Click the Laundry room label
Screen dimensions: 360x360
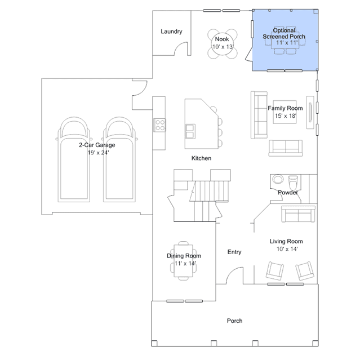(x=171, y=32)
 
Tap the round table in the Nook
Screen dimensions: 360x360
(x=222, y=44)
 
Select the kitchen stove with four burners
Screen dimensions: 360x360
(x=159, y=125)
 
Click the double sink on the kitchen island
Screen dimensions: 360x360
(x=190, y=131)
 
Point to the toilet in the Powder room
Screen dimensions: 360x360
(x=293, y=182)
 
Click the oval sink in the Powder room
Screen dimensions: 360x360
(x=278, y=179)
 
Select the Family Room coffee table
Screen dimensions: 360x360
(x=285, y=112)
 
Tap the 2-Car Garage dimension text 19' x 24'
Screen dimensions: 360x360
(x=98, y=153)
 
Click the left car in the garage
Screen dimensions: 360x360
(x=74, y=159)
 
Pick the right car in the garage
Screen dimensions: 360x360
(x=119, y=159)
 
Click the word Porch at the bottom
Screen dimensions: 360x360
(x=234, y=321)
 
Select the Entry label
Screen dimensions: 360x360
(x=234, y=252)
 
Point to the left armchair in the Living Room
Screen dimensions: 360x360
(x=275, y=271)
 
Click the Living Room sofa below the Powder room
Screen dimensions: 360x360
(x=298, y=214)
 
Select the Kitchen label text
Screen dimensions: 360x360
(x=201, y=158)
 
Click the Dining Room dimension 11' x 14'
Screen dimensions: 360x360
(x=185, y=263)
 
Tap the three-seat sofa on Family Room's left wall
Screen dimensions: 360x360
(x=259, y=115)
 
